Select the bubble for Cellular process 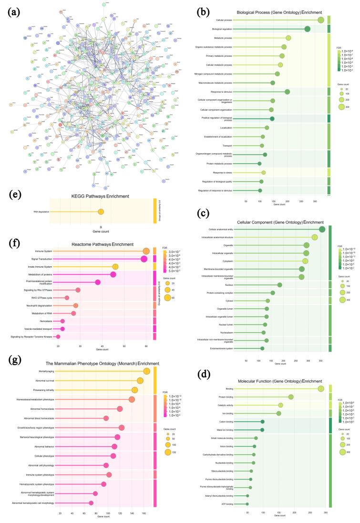(x=321, y=20)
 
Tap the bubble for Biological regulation (x=307, y=29)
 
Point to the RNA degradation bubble (x=101, y=212)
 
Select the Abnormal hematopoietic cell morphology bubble (x=91, y=503)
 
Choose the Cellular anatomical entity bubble (x=322, y=230)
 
